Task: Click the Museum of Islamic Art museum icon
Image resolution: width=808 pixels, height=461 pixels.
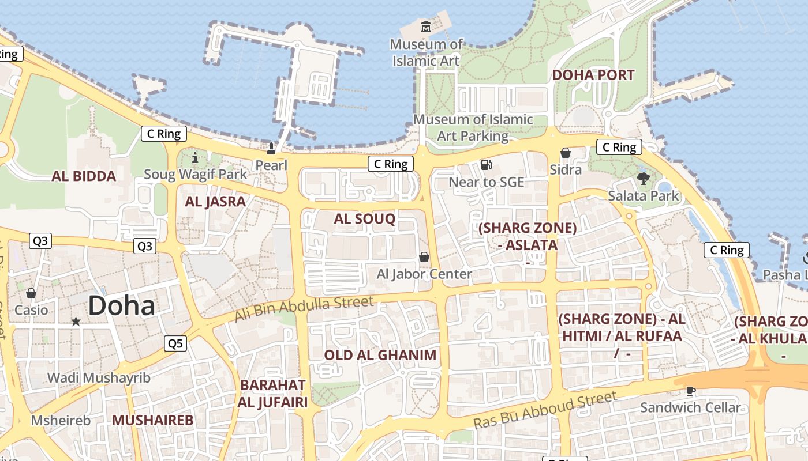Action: coord(426,27)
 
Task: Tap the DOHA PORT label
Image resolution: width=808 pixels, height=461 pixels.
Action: coord(593,75)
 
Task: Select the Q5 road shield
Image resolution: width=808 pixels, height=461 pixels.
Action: coord(175,343)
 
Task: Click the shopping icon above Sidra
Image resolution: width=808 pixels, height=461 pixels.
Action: coord(566,153)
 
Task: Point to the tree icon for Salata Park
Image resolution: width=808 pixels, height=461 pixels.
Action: coord(644,179)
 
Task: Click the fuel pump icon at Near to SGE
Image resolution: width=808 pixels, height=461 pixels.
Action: coord(486,165)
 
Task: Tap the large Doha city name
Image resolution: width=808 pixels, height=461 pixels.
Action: coord(122,305)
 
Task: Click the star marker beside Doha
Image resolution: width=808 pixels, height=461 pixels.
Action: coord(76,321)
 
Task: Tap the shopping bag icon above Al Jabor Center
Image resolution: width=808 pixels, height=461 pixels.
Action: coord(424,257)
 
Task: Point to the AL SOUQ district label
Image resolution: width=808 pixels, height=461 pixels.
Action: coord(364,218)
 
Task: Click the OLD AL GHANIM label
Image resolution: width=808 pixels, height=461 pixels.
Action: coord(380,355)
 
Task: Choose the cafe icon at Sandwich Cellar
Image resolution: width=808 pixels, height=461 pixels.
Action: coord(690,391)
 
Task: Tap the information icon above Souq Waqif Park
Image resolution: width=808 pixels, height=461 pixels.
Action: coord(195,157)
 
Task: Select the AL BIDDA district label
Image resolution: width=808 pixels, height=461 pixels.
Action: coord(84,176)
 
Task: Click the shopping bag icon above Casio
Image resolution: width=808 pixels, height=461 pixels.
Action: coord(31,293)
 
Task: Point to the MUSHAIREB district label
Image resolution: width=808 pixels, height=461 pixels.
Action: coord(152,420)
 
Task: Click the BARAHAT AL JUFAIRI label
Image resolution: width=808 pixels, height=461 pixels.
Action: coord(272,394)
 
